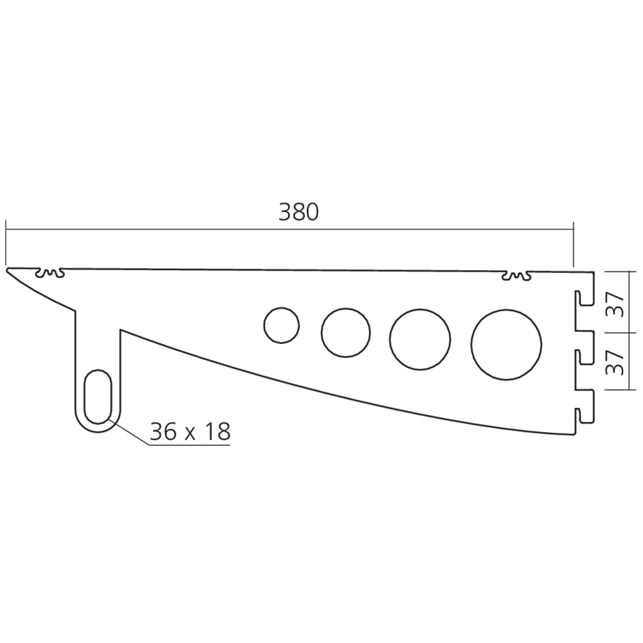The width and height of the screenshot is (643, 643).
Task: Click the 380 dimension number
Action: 298,212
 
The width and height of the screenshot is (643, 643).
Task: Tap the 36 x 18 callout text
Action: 190,431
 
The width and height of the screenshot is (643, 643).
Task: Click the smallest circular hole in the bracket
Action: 282,325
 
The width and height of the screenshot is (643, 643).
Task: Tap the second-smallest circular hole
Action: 346,332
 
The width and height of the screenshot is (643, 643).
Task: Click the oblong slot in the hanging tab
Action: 98,396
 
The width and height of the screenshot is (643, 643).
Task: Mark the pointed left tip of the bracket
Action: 9,271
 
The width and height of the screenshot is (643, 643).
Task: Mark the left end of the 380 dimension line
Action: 6,228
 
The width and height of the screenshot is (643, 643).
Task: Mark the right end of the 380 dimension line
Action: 572,228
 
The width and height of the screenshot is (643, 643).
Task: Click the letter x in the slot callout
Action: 191,433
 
